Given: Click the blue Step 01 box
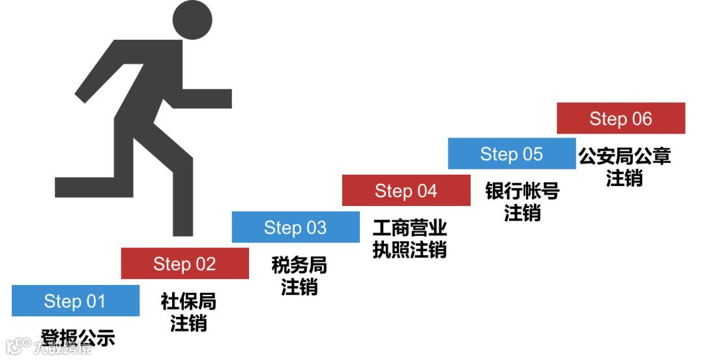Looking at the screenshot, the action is click(75, 301).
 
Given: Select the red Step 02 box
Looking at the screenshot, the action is click(184, 263).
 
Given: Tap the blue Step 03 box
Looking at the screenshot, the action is click(295, 227).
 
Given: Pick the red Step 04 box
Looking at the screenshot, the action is click(405, 190).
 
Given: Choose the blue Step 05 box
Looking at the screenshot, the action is click(512, 154).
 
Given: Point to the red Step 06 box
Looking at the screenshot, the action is click(621, 118).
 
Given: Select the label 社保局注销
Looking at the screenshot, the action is click(188, 312).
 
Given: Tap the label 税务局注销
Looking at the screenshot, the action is click(299, 275).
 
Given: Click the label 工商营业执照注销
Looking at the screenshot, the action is click(409, 239).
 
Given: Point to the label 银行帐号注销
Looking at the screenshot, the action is click(522, 202).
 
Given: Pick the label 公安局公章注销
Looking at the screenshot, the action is click(624, 166).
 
